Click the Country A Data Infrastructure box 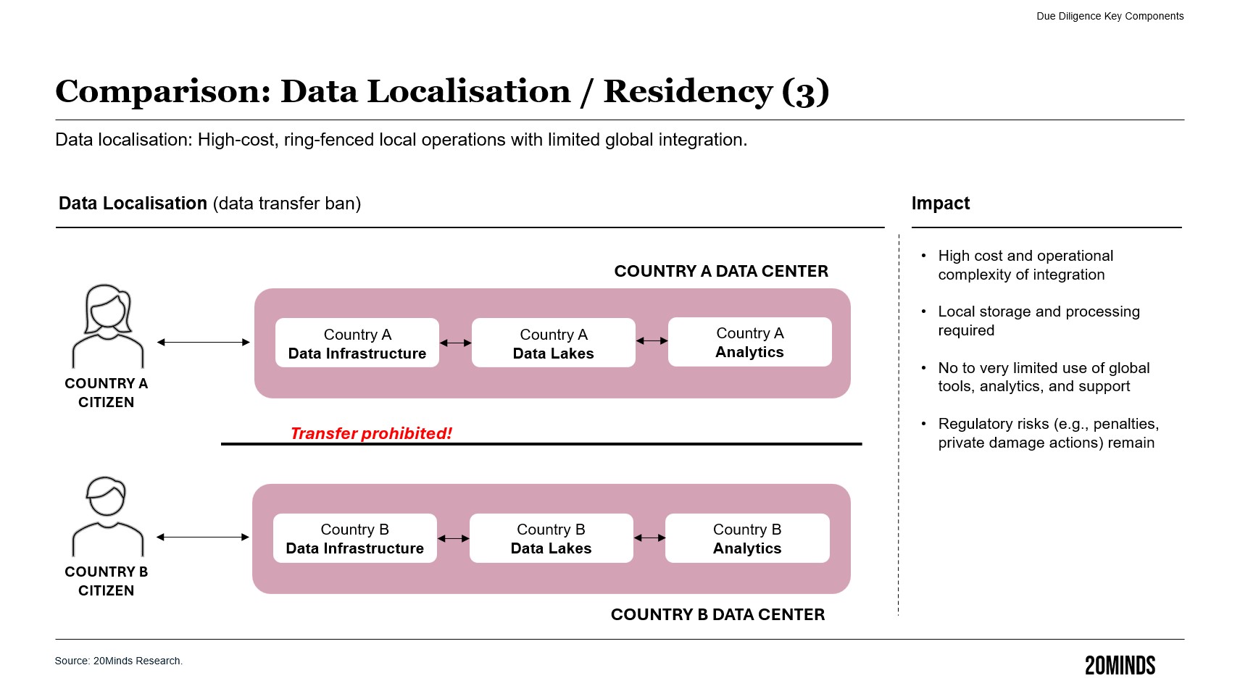click(357, 343)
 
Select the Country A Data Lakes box click(553, 343)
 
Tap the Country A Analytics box click(749, 342)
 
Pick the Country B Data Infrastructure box click(354, 538)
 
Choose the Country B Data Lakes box click(551, 538)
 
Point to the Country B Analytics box click(747, 538)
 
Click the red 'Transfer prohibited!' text click(371, 433)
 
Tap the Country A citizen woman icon click(108, 325)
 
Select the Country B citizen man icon click(107, 516)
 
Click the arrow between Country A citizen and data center click(203, 342)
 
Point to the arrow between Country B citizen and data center click(203, 537)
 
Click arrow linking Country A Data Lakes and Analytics click(652, 340)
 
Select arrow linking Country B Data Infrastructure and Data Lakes click(454, 538)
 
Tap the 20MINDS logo click(1120, 666)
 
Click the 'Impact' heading click(940, 204)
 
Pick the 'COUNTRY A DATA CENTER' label click(720, 271)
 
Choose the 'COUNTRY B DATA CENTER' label click(717, 614)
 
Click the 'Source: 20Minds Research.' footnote click(119, 661)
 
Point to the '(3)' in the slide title click(805, 92)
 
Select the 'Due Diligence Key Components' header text click(1110, 16)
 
